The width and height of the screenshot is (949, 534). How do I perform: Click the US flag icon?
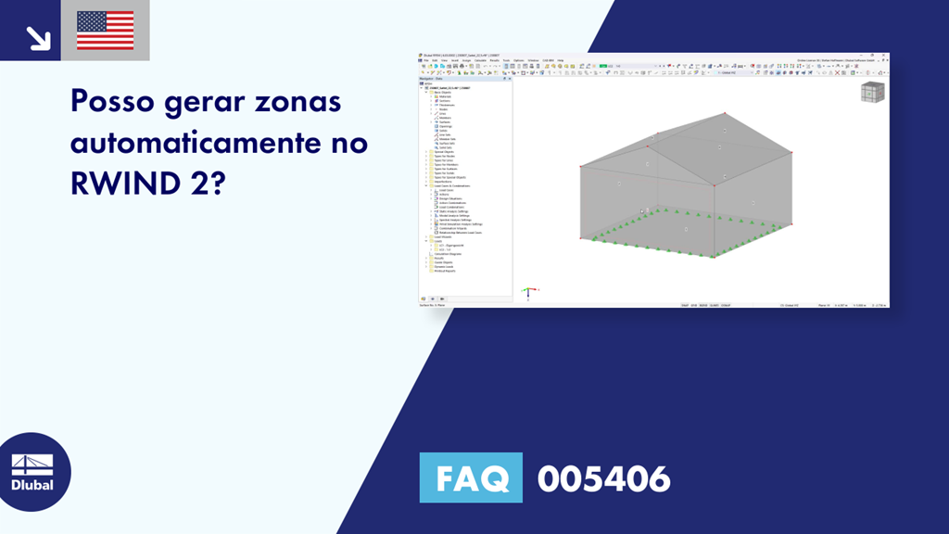(x=105, y=30)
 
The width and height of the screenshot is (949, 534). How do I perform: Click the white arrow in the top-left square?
(x=37, y=37)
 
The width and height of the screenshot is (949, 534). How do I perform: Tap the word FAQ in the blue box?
(x=471, y=478)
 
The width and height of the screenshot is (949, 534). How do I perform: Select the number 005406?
(x=603, y=478)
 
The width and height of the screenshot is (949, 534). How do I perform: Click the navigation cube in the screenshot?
(x=872, y=93)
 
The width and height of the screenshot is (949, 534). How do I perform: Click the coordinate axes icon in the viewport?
(x=528, y=293)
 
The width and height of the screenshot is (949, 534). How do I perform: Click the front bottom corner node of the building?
(x=715, y=256)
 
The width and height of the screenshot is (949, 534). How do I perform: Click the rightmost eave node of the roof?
(x=791, y=154)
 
